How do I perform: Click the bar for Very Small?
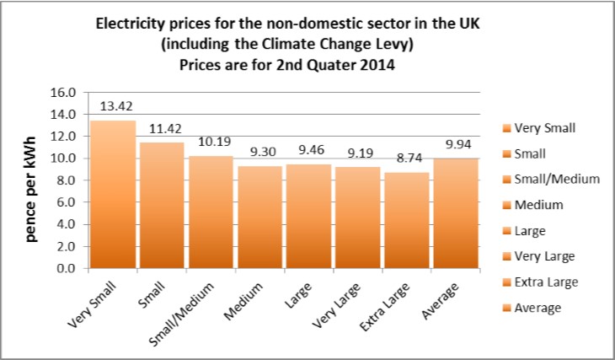point(113,195)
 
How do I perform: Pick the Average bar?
point(456,214)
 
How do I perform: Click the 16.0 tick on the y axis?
point(66,92)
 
